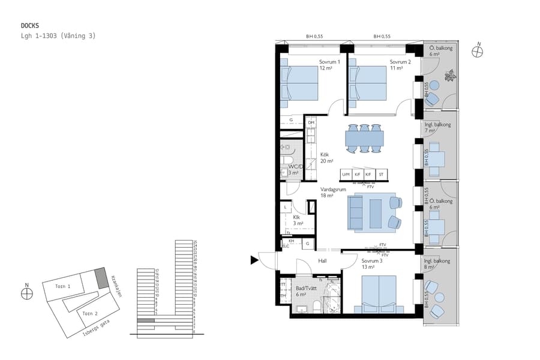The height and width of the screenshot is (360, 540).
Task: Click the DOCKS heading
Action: point(30,26)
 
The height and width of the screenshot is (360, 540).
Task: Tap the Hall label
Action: point(322,261)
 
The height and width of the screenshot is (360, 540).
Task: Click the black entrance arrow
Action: point(254,260)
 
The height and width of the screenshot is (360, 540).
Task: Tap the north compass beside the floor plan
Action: point(478,51)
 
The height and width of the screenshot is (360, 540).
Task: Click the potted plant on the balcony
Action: point(449,76)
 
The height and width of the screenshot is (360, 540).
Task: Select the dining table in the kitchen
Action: point(364,139)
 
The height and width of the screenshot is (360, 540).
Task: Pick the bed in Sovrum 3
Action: point(375,294)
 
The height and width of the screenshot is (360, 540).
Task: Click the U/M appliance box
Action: point(346,175)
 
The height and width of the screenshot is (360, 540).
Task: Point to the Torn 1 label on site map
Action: point(63,287)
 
